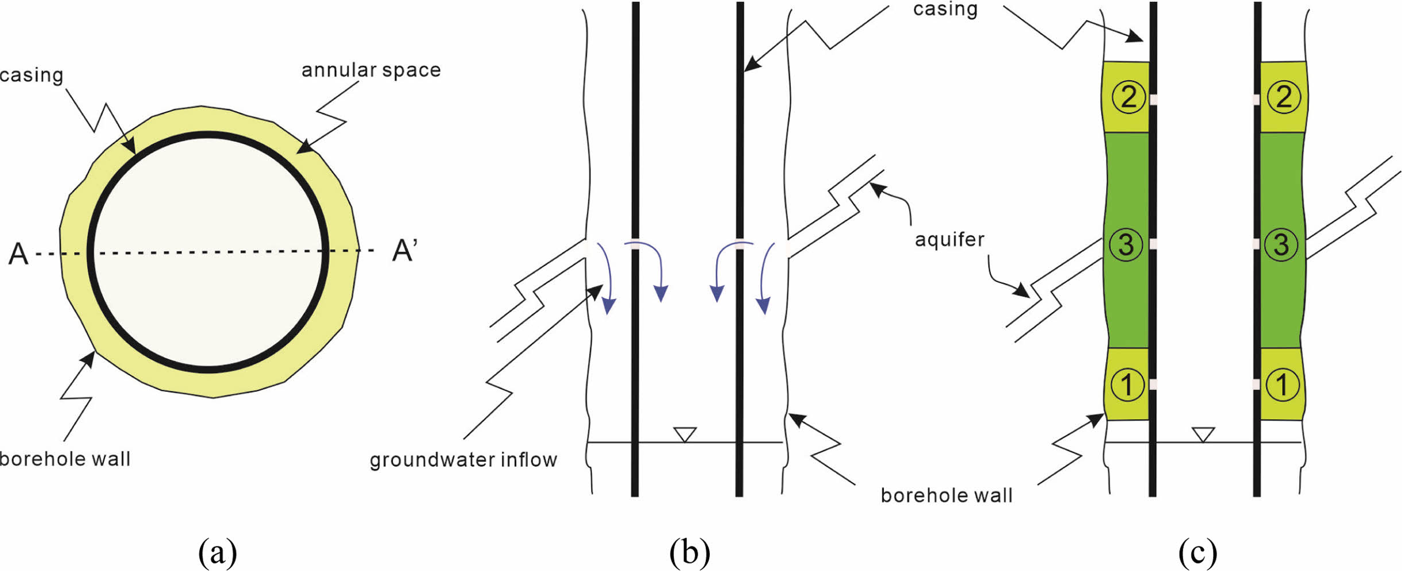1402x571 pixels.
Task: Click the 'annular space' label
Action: coord(371,70)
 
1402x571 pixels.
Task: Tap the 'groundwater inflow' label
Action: coord(463,460)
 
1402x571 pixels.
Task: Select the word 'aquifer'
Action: coord(949,239)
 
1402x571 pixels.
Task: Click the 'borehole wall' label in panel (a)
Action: coord(65,459)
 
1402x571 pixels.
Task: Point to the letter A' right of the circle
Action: coord(404,251)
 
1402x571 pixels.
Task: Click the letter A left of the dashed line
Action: coord(18,254)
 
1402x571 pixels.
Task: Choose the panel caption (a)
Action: coord(217,552)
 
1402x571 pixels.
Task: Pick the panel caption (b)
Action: coord(689,552)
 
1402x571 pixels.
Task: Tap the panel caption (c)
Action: coord(1198,552)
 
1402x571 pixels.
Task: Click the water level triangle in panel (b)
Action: coord(685,434)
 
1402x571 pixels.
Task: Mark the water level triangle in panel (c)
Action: coord(1203,434)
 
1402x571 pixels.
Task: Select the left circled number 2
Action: coord(1128,97)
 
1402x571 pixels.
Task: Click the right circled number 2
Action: coord(1283,97)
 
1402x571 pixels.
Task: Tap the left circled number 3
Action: coord(1126,245)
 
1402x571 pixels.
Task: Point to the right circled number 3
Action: coord(1281,245)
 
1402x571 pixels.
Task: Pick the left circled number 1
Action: coord(1127,385)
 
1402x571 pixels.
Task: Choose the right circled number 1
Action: coord(1282,385)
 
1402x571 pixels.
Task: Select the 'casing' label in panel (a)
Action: coord(32,75)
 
